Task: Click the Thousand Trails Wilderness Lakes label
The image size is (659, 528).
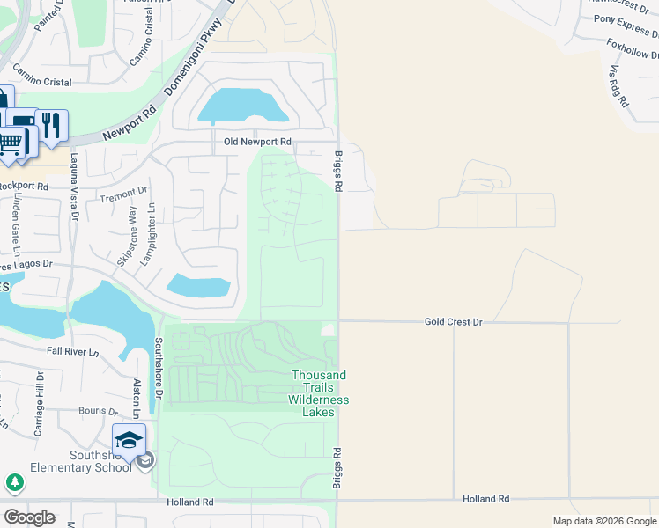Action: [x=319, y=387]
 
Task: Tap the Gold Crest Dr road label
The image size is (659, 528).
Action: [x=453, y=323]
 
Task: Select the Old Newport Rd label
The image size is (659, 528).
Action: [x=257, y=142]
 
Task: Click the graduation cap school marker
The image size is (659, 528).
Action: [x=129, y=439]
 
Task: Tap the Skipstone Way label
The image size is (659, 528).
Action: [x=127, y=235]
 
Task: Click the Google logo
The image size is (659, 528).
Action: [x=29, y=517]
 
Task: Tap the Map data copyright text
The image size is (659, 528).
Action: [x=604, y=521]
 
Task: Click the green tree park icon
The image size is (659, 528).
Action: [x=14, y=482]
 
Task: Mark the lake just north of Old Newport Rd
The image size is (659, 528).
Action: [x=242, y=106]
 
